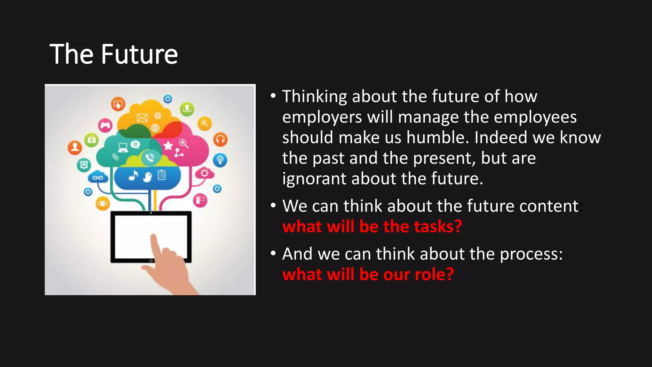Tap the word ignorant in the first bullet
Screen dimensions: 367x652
pyautogui.click(x=314, y=179)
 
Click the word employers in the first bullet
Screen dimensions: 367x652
pyautogui.click(x=322, y=117)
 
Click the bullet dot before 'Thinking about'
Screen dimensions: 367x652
pyautogui.click(x=273, y=96)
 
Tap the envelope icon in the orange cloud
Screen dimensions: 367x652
pyautogui.click(x=142, y=118)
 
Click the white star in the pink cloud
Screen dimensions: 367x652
pyautogui.click(x=168, y=146)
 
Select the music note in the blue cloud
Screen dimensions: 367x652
pyautogui.click(x=133, y=175)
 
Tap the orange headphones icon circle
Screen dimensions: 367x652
pyautogui.click(x=220, y=140)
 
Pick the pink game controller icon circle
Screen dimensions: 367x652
pyautogui.click(x=105, y=125)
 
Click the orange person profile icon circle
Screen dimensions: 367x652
pyautogui.click(x=75, y=148)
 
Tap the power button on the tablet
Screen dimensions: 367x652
pyautogui.click(x=151, y=261)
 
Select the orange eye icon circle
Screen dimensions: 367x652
pyautogui.click(x=103, y=203)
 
